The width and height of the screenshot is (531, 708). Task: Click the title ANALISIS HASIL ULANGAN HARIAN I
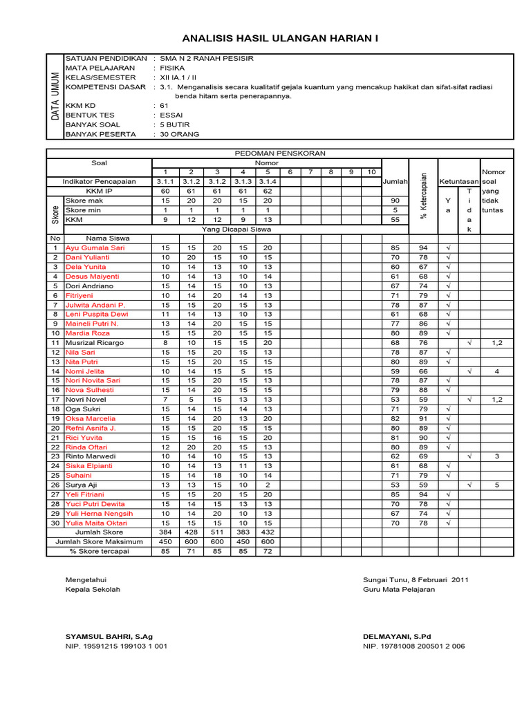coord(280,38)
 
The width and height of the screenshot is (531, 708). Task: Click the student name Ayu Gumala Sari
coord(95,248)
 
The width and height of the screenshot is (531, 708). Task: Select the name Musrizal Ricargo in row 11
coord(95,342)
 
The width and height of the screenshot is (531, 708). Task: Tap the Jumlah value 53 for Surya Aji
coord(395,485)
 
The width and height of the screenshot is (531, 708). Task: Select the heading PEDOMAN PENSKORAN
coord(280,153)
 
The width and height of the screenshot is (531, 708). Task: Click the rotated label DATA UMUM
coord(55,97)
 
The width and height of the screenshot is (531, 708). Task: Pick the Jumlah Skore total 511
coord(217,532)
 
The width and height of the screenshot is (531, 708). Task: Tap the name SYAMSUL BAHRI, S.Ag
coord(109,636)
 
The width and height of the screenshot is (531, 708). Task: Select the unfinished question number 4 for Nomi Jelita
coord(496,371)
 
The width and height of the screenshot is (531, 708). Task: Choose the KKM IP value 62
coord(268,191)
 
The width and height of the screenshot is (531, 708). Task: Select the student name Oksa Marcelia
coord(91,418)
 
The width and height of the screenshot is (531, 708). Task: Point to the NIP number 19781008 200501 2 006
coord(413,646)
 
